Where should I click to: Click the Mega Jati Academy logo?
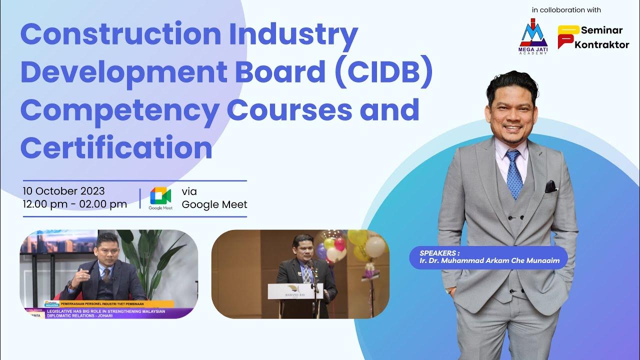pos(534,36)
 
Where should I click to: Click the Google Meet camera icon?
pos(160,196)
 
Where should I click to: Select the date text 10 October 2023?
pos(63,191)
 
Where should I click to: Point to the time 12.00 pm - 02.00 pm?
pos(74,204)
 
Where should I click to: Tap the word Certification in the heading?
pos(116,148)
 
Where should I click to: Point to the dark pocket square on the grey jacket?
pos(550,187)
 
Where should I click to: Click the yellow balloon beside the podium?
pos(357,237)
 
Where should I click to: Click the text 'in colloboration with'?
pos(566,10)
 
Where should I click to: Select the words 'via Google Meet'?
pos(214,198)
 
